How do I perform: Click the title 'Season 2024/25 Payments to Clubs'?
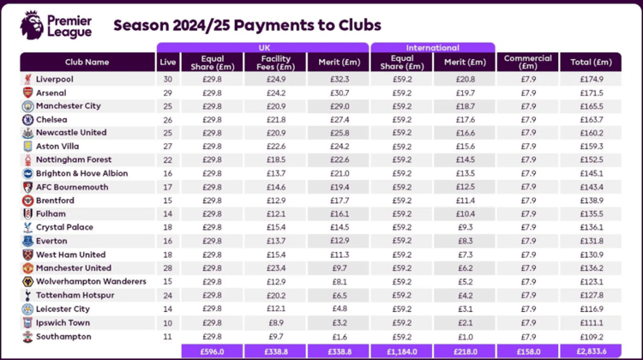click(x=248, y=25)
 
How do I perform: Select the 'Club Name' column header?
click(x=87, y=62)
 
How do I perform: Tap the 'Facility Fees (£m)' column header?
click(x=275, y=62)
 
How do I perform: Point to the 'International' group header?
click(x=432, y=48)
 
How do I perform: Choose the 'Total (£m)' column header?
click(x=592, y=62)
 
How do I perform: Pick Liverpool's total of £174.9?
click(x=592, y=79)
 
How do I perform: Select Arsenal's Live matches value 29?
click(x=169, y=93)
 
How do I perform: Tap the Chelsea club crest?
click(x=28, y=119)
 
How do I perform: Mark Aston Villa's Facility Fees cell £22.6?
click(x=275, y=147)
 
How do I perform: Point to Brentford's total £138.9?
click(x=592, y=200)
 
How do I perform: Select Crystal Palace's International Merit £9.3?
click(x=465, y=227)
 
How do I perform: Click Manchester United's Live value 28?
click(x=169, y=267)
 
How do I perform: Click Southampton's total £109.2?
click(x=592, y=335)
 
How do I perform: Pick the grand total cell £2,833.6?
click(x=592, y=351)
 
